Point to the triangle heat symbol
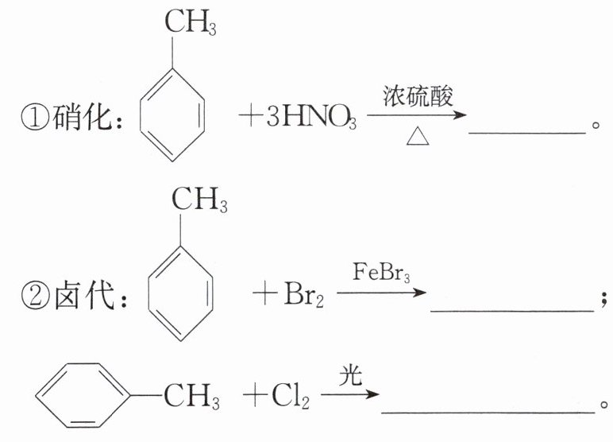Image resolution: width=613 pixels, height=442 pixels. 417,138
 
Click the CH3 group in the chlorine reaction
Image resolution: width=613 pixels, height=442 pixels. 192,395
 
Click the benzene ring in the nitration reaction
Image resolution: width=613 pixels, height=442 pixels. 173,114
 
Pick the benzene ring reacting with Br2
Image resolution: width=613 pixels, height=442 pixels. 180,294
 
